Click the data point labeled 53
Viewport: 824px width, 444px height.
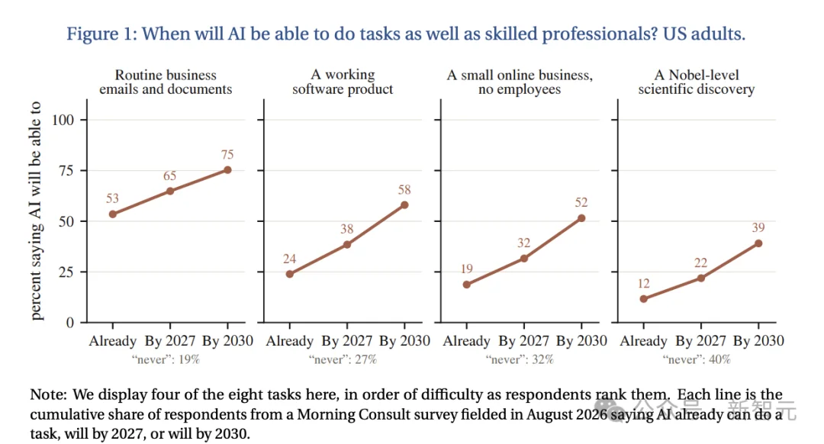click(x=112, y=214)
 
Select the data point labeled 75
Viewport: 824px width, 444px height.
click(x=227, y=169)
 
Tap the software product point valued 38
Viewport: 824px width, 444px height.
click(x=347, y=245)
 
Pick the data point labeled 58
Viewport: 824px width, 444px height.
click(x=404, y=205)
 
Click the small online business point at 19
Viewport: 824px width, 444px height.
click(x=467, y=285)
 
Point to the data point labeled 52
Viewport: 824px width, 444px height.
click(x=581, y=218)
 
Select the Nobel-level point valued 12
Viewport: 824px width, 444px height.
click(x=644, y=299)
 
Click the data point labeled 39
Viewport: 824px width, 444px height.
click(x=758, y=243)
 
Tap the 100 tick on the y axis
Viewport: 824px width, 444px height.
click(x=63, y=121)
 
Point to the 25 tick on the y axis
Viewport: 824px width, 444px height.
click(x=66, y=272)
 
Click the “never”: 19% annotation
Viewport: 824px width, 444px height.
click(x=166, y=359)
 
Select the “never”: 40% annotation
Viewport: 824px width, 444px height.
click(x=697, y=359)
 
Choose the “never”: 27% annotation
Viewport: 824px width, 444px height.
click(x=343, y=359)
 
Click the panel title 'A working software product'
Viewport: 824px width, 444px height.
click(x=343, y=82)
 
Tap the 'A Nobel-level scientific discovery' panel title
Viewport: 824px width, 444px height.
click(x=697, y=82)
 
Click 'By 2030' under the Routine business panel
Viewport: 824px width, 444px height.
click(x=227, y=341)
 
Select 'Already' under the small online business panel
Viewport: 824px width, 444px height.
click(x=467, y=342)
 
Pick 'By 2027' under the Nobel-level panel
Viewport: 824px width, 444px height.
click(x=701, y=341)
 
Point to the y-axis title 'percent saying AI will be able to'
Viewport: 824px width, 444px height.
click(x=35, y=211)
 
